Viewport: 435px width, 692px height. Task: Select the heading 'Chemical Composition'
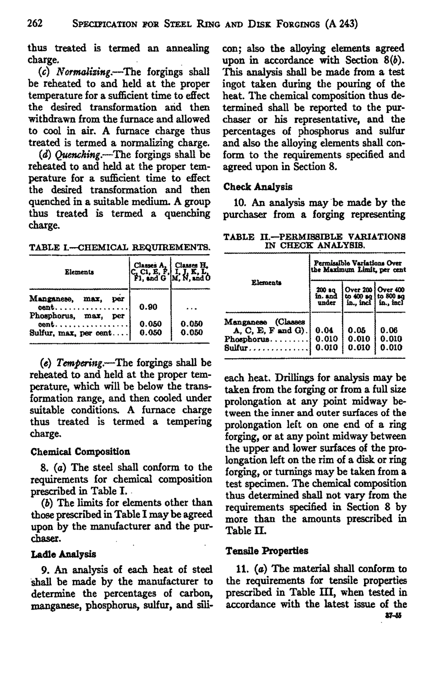coord(80,451)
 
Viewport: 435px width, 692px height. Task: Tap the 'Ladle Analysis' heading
coord(63,554)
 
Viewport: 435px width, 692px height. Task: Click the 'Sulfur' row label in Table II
coord(237,347)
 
